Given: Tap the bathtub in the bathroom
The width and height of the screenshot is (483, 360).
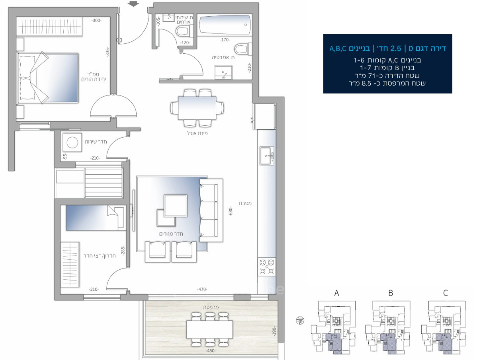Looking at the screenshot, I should point(225,26).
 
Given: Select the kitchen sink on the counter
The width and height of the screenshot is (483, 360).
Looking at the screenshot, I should point(266,155).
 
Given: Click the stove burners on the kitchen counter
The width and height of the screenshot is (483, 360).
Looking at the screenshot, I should point(267,267).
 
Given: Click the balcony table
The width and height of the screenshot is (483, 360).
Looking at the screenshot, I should point(209,329).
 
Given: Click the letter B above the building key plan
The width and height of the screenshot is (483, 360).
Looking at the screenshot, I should point(391,293).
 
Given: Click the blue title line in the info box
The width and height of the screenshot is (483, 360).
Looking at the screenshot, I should point(387,49).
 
